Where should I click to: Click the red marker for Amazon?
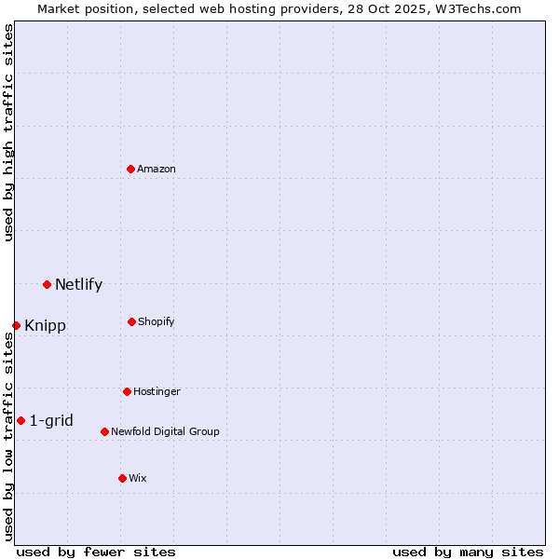click(131, 169)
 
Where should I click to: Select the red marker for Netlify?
click(47, 284)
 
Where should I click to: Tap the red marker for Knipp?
click(16, 325)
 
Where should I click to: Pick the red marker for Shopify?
click(131, 321)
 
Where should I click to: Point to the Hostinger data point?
click(127, 391)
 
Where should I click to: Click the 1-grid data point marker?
click(20, 420)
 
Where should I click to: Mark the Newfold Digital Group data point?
click(104, 431)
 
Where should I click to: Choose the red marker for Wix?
click(122, 478)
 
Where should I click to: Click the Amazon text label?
click(157, 170)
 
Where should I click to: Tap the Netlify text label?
click(78, 285)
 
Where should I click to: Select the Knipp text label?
click(45, 326)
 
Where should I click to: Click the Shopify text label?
click(156, 322)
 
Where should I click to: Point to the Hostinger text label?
click(157, 392)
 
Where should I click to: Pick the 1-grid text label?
click(51, 421)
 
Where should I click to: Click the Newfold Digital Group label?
click(165, 432)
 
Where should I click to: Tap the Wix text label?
click(138, 479)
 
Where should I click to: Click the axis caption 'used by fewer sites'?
click(96, 552)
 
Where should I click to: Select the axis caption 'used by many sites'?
click(468, 552)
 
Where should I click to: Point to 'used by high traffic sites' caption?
click(8, 132)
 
